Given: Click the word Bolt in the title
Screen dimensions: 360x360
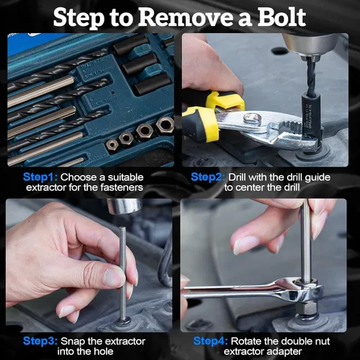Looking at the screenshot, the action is point(282,17).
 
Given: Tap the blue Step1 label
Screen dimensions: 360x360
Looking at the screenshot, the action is point(40,177).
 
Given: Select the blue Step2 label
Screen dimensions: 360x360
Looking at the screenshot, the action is point(208,177).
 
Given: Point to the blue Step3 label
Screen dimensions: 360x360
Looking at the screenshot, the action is point(40,341).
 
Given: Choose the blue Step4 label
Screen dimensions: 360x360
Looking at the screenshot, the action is point(210,341).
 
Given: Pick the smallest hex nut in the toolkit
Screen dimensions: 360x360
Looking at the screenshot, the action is point(112,145).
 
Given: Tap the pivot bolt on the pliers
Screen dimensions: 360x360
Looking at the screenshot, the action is point(252,118).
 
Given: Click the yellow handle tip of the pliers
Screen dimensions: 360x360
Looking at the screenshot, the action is point(225,100).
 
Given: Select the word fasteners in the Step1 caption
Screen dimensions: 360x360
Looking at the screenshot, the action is point(122,187).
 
